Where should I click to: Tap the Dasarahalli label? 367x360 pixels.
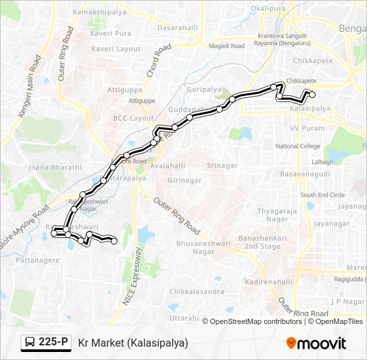pos(179,29)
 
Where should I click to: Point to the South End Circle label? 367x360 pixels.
pos(322,195)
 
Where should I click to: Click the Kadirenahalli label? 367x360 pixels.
pos(269,282)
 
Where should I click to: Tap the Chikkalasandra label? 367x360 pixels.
pos(196,292)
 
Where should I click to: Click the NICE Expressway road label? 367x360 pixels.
pos(132,277)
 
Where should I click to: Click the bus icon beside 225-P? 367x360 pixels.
pos(30,343)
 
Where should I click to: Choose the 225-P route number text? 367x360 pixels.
pos(53,343)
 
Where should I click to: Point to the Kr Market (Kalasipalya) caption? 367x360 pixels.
pos(133,343)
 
